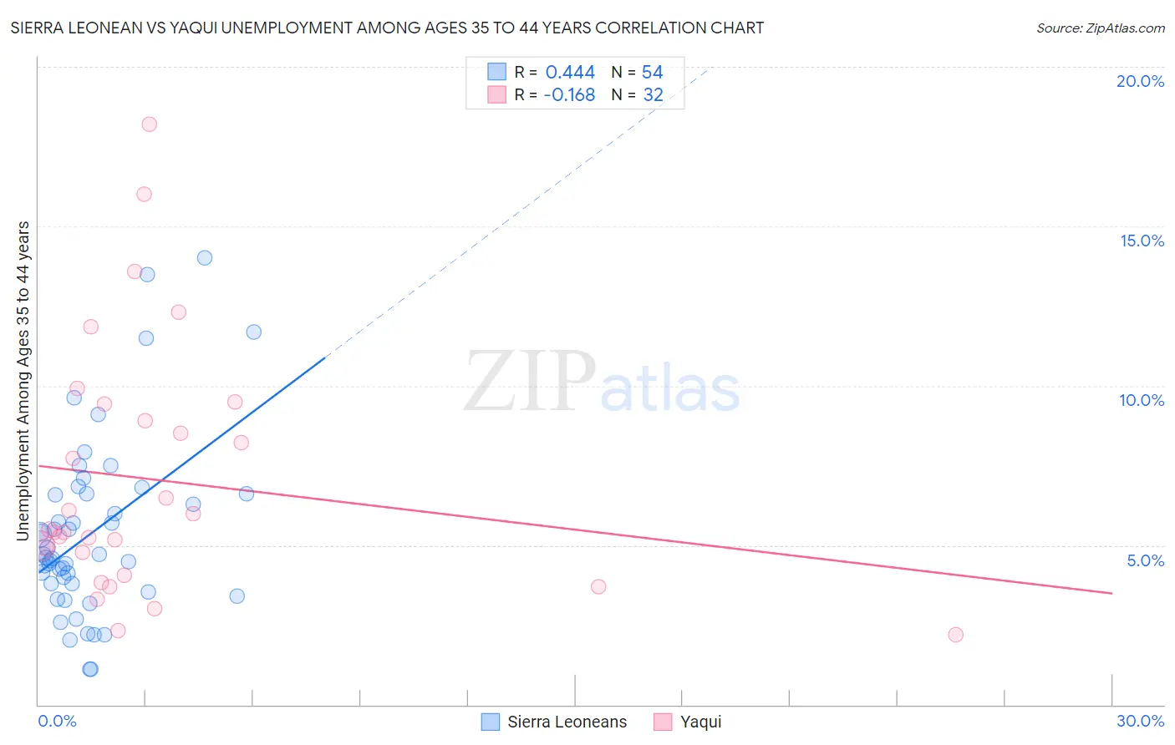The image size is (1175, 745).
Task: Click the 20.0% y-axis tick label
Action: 1140,81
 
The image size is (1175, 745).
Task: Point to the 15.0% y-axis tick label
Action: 1142,241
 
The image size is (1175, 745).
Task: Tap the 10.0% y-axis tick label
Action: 1142,400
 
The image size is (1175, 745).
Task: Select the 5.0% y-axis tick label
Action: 1145,560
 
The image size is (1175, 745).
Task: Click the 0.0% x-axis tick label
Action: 57,721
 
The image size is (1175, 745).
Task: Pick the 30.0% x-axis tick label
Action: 1140,721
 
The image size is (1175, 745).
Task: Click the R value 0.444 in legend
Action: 570,73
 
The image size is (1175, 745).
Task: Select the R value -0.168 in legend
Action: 569,95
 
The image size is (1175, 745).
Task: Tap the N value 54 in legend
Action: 652,73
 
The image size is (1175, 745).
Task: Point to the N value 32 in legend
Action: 653,95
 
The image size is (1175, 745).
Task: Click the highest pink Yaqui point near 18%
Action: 150,124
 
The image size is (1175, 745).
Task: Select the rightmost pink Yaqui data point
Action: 956,635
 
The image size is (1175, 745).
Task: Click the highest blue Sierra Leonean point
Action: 205,258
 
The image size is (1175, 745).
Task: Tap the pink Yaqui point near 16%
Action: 144,195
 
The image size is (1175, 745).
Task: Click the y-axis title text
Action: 23,381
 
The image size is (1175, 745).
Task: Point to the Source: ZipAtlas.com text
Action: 1100,28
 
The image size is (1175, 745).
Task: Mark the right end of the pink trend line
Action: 1111,593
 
